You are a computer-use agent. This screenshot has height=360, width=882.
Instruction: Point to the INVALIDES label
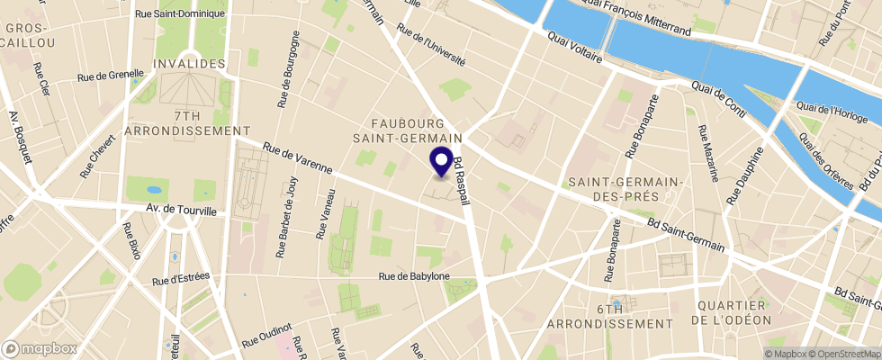click(188, 64)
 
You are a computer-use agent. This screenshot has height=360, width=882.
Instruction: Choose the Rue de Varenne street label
click(298, 157)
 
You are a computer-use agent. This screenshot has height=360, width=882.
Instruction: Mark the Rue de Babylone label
click(413, 277)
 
